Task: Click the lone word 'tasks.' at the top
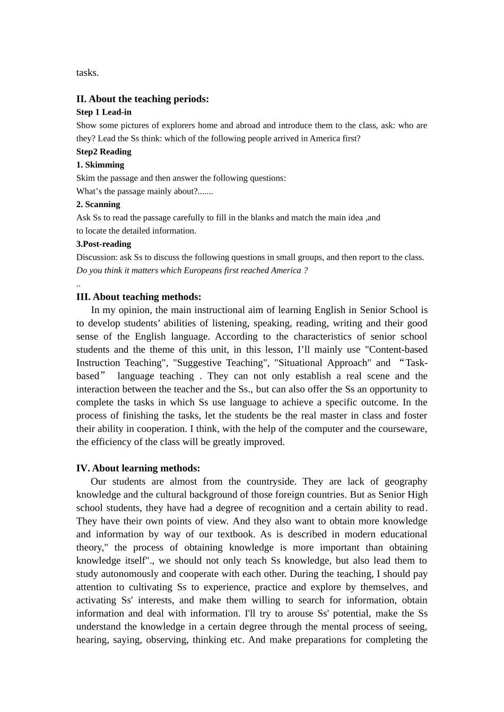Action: point(88,73)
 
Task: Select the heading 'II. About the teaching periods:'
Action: point(142,99)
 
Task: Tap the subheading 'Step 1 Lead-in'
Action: point(104,112)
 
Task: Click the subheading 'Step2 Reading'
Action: point(104,152)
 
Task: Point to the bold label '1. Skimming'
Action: point(100,165)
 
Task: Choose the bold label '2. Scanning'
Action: point(98,204)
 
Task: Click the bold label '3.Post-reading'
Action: point(103,244)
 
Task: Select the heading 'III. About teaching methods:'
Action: point(138,297)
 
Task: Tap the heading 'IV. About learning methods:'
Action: point(138,468)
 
